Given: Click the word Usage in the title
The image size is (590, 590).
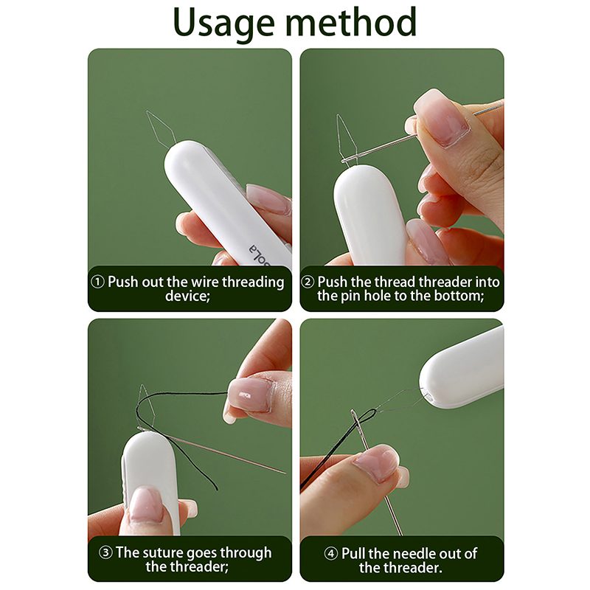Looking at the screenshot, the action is [x=224, y=23].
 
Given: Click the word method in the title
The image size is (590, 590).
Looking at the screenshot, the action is [x=352, y=22].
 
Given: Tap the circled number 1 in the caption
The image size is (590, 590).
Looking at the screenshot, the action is [x=98, y=282].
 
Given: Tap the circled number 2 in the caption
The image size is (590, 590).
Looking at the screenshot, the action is [x=308, y=282].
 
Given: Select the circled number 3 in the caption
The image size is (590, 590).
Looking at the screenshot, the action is [x=105, y=552].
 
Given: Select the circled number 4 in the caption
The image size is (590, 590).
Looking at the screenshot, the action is [x=331, y=554].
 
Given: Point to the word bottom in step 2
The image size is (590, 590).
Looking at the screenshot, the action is [x=459, y=296].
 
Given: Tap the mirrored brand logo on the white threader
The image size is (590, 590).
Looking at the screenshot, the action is [x=260, y=254].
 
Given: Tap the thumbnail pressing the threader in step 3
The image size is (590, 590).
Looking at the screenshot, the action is [x=145, y=504].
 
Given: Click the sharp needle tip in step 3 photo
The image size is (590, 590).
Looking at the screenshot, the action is [x=285, y=473].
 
